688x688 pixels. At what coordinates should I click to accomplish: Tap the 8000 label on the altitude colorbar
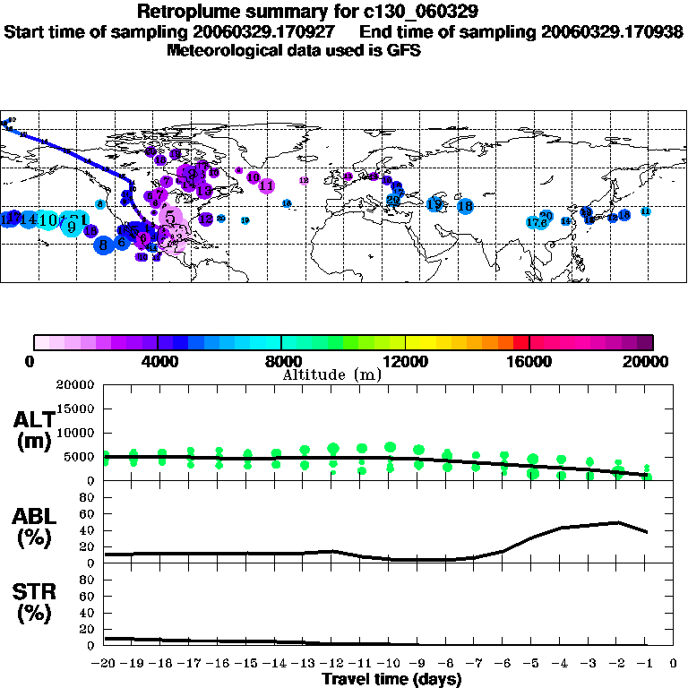pos(280,362)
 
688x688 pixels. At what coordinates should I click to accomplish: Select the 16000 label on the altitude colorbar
pos(529,362)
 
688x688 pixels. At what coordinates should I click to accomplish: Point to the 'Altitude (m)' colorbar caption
pos(332,374)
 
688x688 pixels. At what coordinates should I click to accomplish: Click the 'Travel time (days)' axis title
pos(391,680)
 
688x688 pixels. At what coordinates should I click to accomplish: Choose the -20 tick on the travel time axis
pos(105,665)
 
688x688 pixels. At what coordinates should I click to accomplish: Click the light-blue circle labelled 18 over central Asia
pos(465,206)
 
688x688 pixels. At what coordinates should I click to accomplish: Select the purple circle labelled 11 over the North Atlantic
pos(266,185)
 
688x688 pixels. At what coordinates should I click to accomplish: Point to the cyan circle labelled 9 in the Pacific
pos(71,227)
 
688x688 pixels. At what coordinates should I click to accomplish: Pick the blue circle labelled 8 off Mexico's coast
pos(104,244)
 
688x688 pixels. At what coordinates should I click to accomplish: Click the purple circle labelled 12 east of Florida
pos(206,219)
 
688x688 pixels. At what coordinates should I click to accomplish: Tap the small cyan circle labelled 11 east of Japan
pos(645,211)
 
